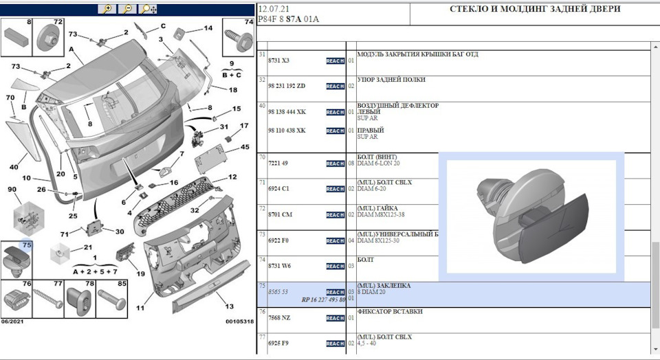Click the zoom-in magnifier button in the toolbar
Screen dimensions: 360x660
(106, 9)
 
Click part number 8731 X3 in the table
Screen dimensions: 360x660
(278, 60)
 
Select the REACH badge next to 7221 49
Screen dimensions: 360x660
(335, 164)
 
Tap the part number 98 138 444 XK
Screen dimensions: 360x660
(287, 112)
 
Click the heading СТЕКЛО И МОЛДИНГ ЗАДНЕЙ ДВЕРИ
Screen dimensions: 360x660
(534, 9)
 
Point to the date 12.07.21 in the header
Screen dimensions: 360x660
(273, 9)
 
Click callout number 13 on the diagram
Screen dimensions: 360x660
(229, 306)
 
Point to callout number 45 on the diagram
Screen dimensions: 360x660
(245, 148)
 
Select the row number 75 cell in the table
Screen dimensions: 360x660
(261, 284)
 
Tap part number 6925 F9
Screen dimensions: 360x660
(278, 343)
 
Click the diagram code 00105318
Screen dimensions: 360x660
(239, 321)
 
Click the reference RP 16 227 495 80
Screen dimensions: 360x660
(323, 300)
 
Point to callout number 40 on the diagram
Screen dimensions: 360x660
(14, 167)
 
